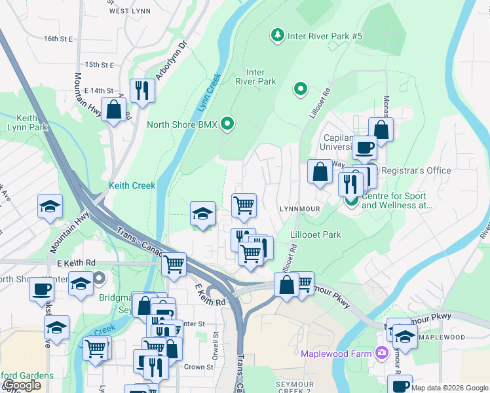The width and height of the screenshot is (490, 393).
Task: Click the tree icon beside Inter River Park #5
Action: point(278,35)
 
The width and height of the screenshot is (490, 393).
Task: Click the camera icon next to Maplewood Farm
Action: point(381,354)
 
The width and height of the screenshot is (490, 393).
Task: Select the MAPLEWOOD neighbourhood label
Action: point(443,338)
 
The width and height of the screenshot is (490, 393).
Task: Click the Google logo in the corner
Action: point(22,385)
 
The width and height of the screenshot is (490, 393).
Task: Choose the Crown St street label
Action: point(198,367)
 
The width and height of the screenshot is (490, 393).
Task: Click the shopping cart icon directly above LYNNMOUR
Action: point(244,204)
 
